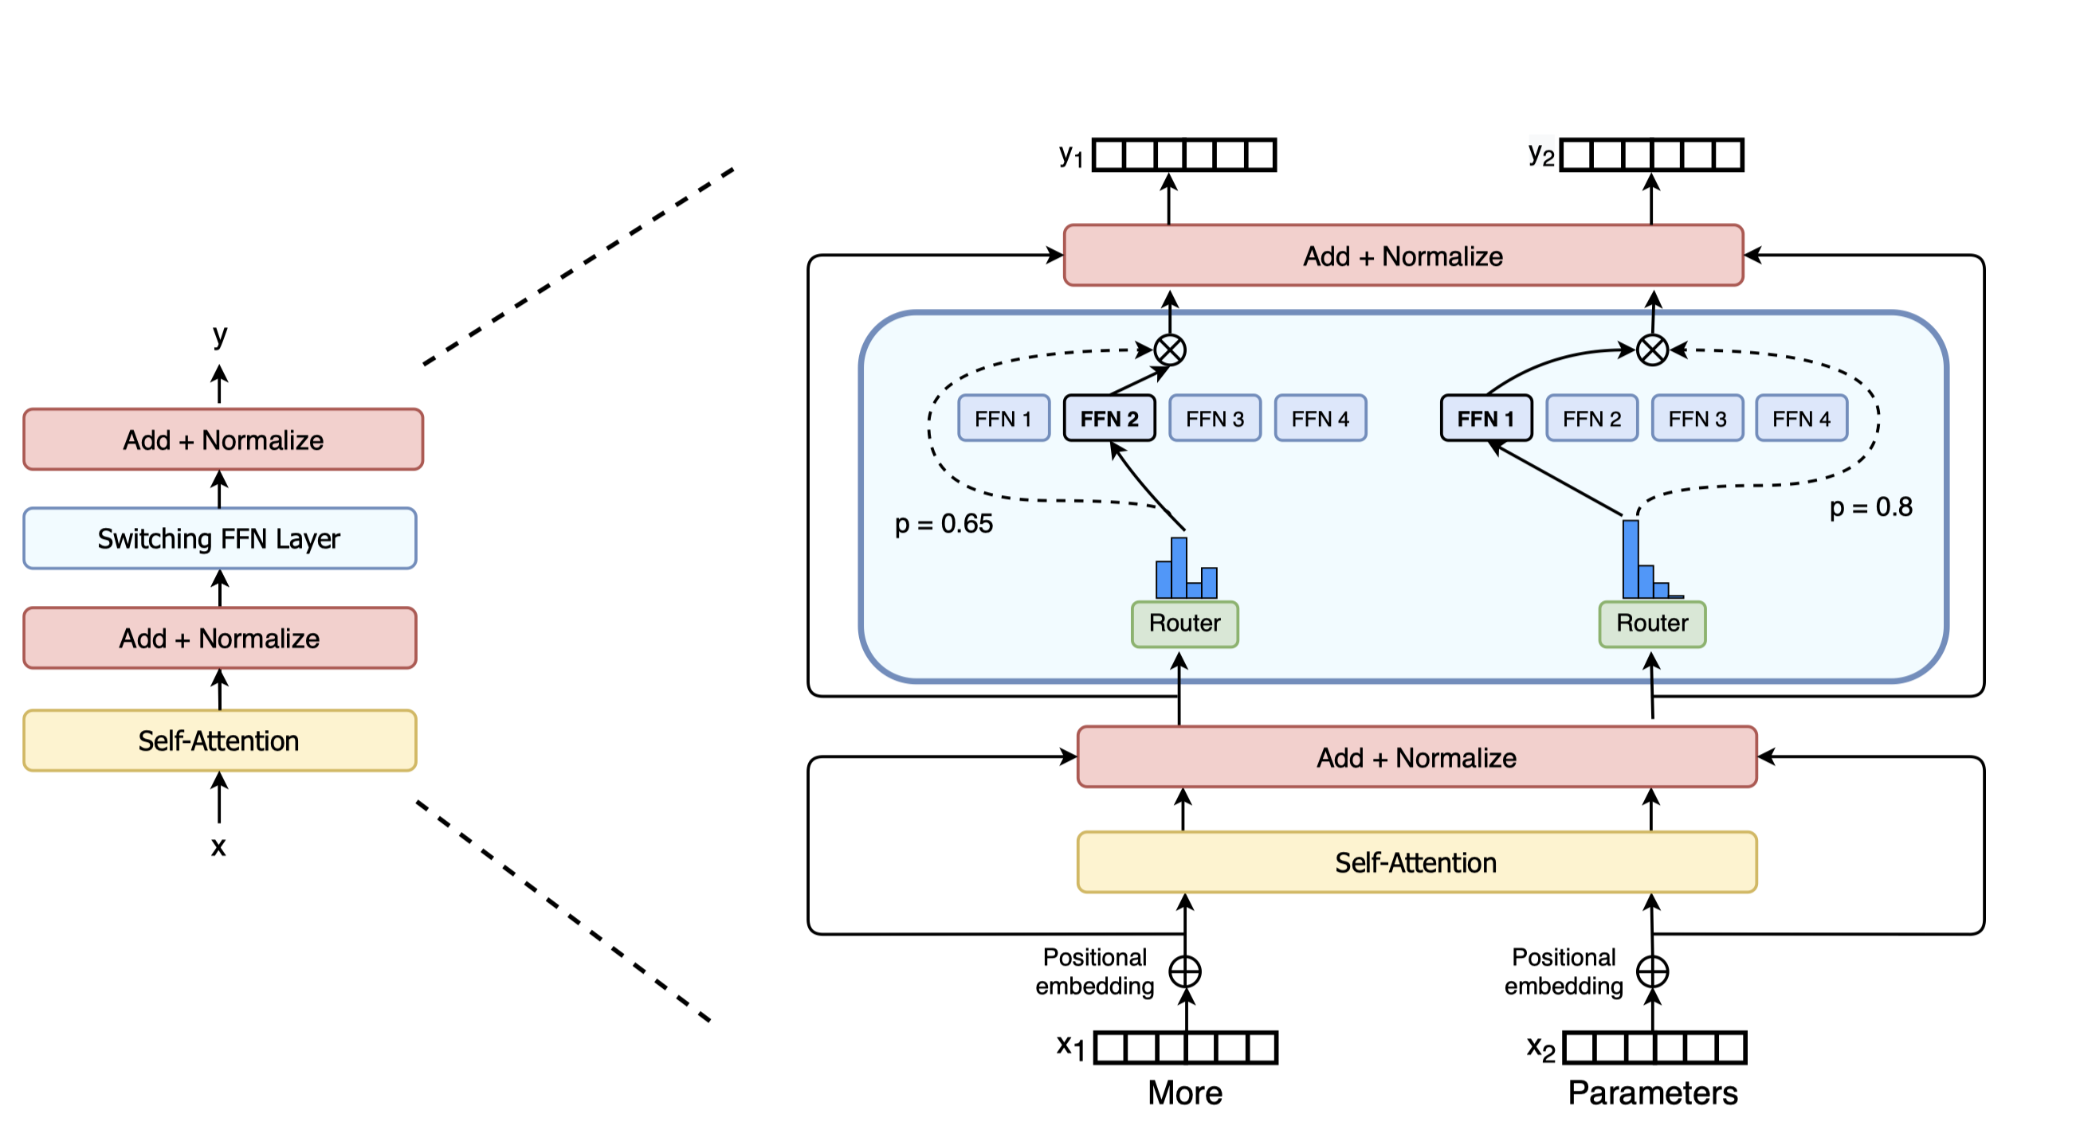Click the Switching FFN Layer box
[x=220, y=538]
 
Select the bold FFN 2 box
[x=1109, y=418]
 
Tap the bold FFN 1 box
[x=1485, y=418]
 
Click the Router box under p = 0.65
[x=1184, y=623]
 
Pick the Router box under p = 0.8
[x=1652, y=623]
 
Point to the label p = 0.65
[x=943, y=524]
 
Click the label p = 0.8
[x=1870, y=506]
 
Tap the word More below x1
[x=1184, y=1092]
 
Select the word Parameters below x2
[x=1652, y=1092]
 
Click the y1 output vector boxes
[x=1183, y=155]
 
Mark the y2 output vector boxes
[x=1651, y=155]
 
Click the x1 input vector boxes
[x=1185, y=1048]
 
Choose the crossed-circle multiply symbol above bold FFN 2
[x=1169, y=350]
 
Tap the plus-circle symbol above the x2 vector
[x=1652, y=971]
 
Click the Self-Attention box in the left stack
[x=220, y=740]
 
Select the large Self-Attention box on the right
[x=1416, y=862]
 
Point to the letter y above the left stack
[x=220, y=334]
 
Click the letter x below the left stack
[x=218, y=846]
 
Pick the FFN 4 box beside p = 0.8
[x=1800, y=418]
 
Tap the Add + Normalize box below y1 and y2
[x=1403, y=256]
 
